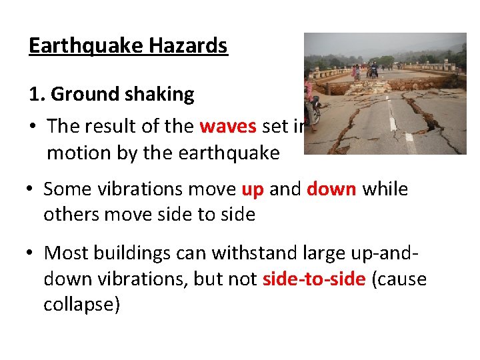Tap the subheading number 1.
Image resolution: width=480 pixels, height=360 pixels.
point(36,95)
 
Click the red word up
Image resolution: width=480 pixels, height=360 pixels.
point(252,189)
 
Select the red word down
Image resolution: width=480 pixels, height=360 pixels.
point(332,189)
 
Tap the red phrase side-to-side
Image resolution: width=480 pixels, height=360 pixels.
point(314,279)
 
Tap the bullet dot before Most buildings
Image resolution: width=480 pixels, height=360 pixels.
point(31,254)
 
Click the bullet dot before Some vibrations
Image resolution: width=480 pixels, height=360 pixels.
point(31,190)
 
